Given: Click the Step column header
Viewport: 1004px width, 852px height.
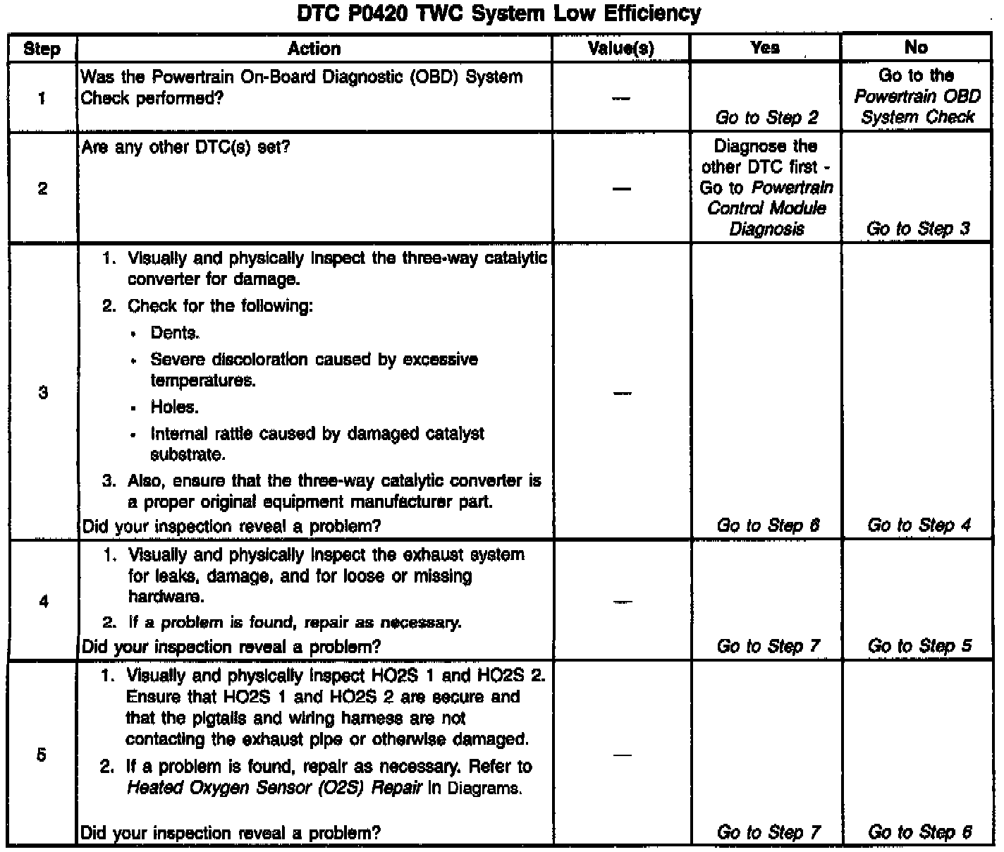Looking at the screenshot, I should point(42,49).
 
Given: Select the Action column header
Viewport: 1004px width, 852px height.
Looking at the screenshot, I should point(314,48).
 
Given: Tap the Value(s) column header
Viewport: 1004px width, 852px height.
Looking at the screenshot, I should point(620,48).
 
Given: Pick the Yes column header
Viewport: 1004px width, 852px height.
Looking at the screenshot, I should point(765,47).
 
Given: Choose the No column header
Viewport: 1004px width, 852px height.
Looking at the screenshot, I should point(916,47).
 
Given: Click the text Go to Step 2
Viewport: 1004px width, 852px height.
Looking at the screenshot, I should point(766,117).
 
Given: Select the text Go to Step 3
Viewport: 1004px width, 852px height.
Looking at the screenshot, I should point(918,228).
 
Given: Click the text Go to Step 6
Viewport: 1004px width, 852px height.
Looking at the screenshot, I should point(919,832).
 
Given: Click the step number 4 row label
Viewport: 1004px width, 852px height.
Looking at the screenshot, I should point(43,602).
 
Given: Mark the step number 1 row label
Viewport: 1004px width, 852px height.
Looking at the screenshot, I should point(42,97).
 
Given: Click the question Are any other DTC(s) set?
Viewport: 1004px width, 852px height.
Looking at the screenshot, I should point(185,147).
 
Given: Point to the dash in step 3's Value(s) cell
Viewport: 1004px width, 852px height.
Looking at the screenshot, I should point(620,393).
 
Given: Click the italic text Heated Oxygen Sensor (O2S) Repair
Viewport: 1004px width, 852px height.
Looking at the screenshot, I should point(274,788).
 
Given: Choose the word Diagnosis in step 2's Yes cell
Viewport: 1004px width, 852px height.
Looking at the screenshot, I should point(766,229).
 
